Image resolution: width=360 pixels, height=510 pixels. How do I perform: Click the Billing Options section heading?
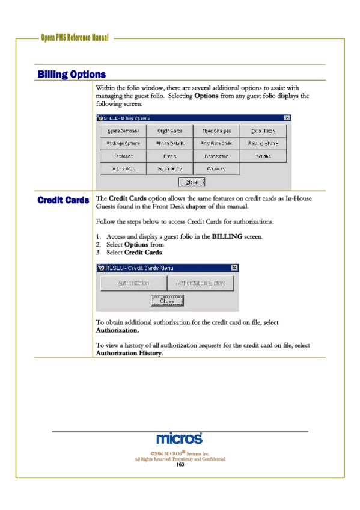click(72, 75)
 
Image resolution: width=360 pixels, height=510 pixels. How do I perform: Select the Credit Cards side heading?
click(63, 200)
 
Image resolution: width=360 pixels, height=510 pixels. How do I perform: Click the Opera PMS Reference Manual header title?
click(75, 38)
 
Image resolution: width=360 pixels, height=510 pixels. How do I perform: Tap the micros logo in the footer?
click(179, 440)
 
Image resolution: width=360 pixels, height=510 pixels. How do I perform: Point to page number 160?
click(179, 465)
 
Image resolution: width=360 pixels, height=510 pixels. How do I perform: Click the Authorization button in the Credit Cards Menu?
click(133, 283)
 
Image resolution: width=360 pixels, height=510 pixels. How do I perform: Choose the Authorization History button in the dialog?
click(200, 283)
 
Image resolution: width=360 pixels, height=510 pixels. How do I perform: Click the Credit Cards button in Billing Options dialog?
click(170, 131)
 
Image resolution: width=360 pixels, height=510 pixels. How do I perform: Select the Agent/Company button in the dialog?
click(123, 131)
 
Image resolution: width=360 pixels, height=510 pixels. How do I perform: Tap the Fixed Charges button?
click(216, 131)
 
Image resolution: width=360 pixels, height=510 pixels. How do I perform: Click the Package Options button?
click(123, 144)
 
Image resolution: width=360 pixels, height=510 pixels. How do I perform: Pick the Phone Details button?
click(170, 144)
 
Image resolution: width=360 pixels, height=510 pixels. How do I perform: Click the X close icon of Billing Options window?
click(287, 118)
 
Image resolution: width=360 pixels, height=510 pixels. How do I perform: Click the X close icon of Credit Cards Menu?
click(234, 268)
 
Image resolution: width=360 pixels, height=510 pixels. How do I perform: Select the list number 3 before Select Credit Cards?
click(99, 253)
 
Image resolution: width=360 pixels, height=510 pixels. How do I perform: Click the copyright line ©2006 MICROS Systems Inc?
click(179, 453)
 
